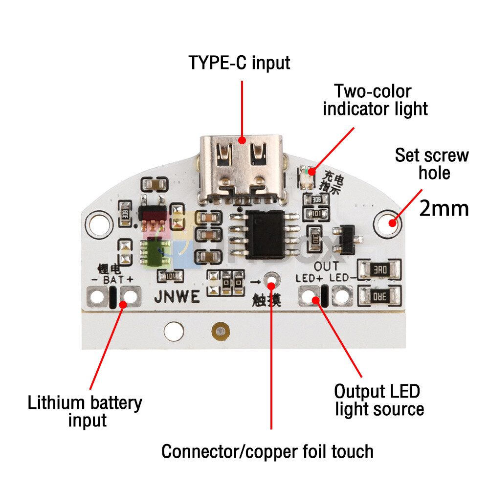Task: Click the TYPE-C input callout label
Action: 240,63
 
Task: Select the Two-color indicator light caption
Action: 375,100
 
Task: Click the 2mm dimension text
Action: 444,208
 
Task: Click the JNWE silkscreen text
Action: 177,296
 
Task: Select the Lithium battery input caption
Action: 85,411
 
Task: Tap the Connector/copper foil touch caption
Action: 267,451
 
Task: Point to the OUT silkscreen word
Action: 326,267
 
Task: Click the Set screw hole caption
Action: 432,164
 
